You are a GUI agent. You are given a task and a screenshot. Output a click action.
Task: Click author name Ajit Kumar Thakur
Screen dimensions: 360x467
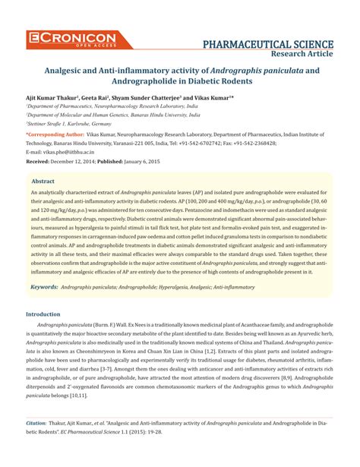coord(54,99)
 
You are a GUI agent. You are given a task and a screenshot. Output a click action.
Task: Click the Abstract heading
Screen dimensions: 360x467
coord(43,182)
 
